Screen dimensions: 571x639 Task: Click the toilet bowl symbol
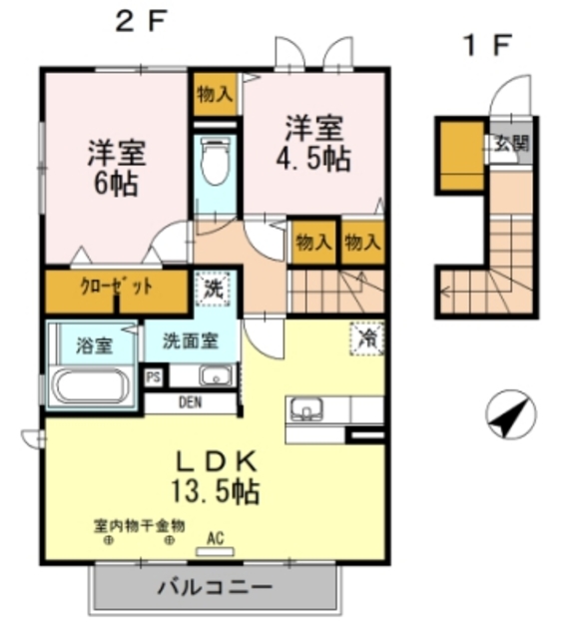tap(216, 162)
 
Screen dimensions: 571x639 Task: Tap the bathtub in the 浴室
tap(92, 386)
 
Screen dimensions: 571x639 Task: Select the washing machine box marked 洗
tap(213, 290)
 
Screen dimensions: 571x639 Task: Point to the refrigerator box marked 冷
tap(366, 337)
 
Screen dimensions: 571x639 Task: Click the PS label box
tap(154, 377)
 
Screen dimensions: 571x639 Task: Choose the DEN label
tap(190, 402)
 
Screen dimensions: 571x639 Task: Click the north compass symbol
tap(510, 413)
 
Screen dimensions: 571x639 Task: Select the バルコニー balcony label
tap(215, 587)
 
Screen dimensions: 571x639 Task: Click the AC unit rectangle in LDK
tap(215, 552)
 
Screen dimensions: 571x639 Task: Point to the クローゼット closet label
tap(117, 287)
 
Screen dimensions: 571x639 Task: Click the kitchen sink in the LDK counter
tap(306, 408)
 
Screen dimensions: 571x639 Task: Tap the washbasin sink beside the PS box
tap(216, 375)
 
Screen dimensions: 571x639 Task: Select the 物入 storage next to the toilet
tap(215, 95)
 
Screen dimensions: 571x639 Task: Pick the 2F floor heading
tap(142, 21)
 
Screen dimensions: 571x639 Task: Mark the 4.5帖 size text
tap(313, 159)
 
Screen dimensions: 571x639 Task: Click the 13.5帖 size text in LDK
tap(216, 491)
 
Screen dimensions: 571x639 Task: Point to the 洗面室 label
tap(191, 340)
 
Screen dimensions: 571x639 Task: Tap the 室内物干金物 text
tap(140, 526)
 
